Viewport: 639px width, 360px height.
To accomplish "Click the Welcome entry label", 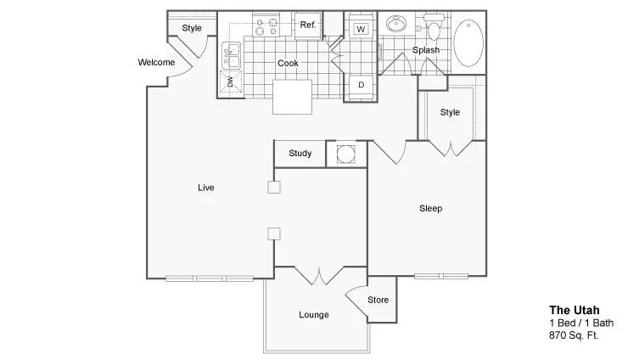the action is pos(156,62).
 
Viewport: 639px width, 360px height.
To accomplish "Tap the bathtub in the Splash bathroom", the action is pos(468,42).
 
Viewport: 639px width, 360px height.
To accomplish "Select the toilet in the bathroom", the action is pos(434,26).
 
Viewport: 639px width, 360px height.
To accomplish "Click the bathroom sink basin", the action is pos(395,24).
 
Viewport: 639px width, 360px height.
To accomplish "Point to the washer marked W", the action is pos(361,29).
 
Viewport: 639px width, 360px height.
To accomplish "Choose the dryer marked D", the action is pos(361,85).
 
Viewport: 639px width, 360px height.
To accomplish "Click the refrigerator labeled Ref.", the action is pos(308,25).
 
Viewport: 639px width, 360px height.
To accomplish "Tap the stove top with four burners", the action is pos(266,25).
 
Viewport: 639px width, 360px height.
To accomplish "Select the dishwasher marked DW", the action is pos(231,82).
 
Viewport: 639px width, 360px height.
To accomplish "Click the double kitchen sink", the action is pos(232,55).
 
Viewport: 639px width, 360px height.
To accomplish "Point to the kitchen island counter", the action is pos(292,97).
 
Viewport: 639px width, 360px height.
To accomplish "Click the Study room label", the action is pos(300,154).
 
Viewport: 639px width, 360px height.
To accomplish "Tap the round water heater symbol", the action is pos(346,155).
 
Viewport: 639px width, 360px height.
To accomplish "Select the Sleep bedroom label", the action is pos(431,208).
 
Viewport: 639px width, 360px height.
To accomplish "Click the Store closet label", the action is pos(378,300).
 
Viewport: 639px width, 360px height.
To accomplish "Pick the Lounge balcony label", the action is pos(314,315).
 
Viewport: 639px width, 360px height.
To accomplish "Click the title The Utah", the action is pos(575,310).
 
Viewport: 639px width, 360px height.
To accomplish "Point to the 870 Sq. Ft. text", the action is pos(574,335).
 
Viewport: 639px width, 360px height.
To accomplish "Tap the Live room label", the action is pos(206,188).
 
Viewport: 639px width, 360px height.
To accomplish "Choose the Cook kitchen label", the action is pos(289,63).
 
